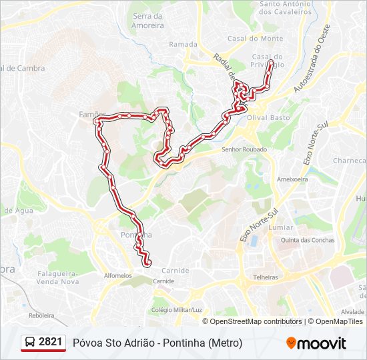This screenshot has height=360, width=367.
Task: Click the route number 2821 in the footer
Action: (51, 342)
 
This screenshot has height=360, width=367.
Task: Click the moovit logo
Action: (316, 343)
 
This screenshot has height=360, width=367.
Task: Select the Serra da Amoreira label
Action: (148, 21)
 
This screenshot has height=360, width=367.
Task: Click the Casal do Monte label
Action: (246, 39)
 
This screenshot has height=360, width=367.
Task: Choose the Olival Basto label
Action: (269, 117)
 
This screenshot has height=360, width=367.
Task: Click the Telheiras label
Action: (265, 277)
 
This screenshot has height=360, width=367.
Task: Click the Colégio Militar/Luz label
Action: (176, 310)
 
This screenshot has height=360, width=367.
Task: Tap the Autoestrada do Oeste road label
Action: (312, 65)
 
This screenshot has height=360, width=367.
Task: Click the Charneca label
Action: (350, 161)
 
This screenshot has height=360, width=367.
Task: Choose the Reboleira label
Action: (41, 315)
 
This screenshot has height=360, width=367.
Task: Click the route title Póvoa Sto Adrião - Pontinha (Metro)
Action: (157, 343)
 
